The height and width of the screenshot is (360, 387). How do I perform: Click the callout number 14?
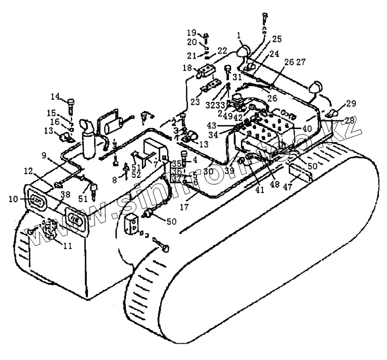click(x=55, y=97)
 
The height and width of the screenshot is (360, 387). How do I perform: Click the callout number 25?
click(x=277, y=39)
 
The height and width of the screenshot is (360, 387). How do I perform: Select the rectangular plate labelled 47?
click(x=301, y=173)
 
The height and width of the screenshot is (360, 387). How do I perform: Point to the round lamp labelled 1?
click(x=242, y=53)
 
